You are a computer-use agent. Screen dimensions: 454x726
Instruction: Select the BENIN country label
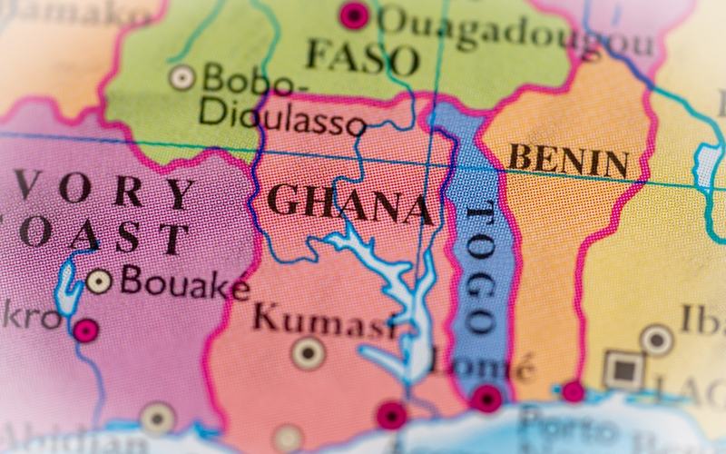pyautogui.click(x=568, y=161)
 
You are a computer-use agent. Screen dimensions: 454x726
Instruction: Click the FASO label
pyautogui.click(x=363, y=58)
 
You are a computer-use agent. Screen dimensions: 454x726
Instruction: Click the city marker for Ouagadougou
pyautogui.click(x=354, y=15)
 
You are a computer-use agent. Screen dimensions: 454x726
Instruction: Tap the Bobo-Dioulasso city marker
pyautogui.click(x=182, y=77)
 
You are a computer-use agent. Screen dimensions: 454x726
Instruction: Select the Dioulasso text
pyautogui.click(x=282, y=117)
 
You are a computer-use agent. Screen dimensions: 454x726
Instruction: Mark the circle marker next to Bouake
pyautogui.click(x=99, y=281)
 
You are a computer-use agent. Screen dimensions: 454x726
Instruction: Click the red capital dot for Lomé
pyautogui.click(x=488, y=398)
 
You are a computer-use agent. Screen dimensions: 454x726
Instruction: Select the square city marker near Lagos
pyautogui.click(x=623, y=370)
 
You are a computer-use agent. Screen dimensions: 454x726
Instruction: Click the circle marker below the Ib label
pyautogui.click(x=656, y=340)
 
